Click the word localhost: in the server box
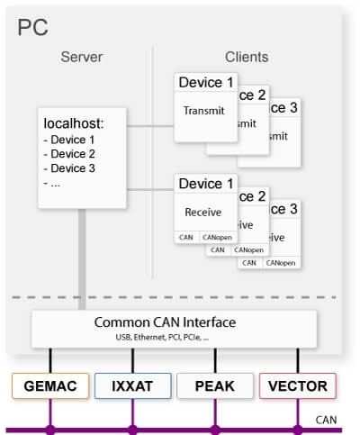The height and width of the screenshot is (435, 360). point(74,122)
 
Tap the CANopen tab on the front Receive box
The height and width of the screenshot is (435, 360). point(216,237)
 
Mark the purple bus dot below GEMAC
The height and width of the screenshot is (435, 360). point(49,430)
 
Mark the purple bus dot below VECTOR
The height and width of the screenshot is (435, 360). point(297,430)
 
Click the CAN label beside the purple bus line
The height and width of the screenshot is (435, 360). point(326,420)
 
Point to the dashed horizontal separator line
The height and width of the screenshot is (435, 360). point(180,297)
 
